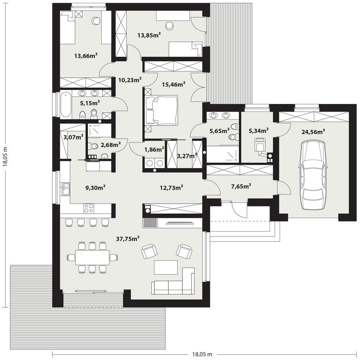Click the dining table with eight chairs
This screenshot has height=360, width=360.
tap(92, 256)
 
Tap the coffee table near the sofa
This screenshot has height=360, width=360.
tap(166, 267)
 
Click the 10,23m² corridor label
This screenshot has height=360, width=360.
tap(130, 80)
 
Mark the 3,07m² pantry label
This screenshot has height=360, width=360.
tap(73, 137)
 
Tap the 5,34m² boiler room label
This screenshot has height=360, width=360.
tap(258, 130)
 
